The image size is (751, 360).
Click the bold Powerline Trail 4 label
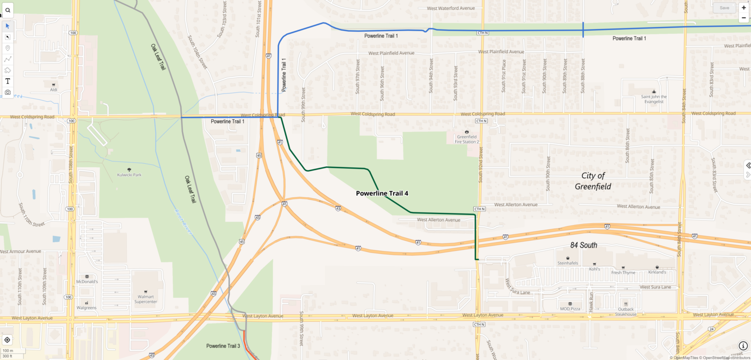(x=382, y=193)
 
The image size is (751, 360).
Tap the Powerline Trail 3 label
(x=223, y=346)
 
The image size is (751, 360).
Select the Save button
(x=724, y=8)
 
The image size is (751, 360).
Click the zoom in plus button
(x=744, y=8)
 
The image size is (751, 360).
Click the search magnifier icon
(x=7, y=10)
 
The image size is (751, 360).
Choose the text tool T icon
(x=7, y=81)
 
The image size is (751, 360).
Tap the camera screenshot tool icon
(x=7, y=92)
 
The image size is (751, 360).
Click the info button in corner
(x=743, y=346)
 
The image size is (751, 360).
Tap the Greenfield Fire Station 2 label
(x=467, y=139)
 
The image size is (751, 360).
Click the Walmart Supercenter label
(x=146, y=299)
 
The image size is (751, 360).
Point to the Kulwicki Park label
(x=129, y=175)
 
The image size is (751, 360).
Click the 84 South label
(x=583, y=245)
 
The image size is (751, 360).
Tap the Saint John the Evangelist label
(x=654, y=99)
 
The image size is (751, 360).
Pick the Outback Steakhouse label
(x=626, y=312)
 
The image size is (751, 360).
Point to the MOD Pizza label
(x=570, y=309)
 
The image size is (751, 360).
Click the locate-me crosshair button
(x=7, y=340)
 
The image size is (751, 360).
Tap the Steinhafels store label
(x=568, y=263)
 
